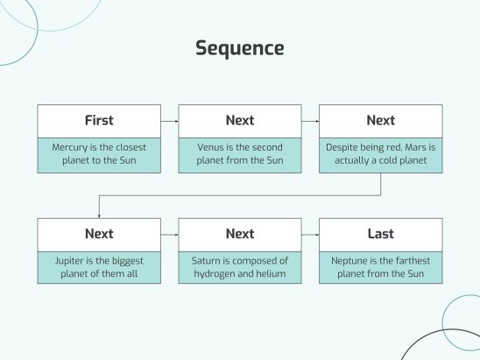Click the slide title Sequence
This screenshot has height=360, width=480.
(x=239, y=48)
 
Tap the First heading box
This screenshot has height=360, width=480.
(x=99, y=121)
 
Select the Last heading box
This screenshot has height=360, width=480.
(x=380, y=235)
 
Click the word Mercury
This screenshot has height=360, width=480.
(x=71, y=147)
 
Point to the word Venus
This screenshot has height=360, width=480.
(x=213, y=147)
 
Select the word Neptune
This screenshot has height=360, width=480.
(x=350, y=261)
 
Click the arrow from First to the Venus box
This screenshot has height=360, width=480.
(x=170, y=121)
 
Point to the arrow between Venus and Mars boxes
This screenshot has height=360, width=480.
(x=310, y=121)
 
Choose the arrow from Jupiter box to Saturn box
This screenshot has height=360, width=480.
(x=170, y=235)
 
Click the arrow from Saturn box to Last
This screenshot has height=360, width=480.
(x=310, y=235)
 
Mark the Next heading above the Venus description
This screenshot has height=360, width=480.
(x=239, y=121)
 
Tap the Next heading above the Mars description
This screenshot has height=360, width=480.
(x=380, y=121)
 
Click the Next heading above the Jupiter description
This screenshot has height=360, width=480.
(x=99, y=235)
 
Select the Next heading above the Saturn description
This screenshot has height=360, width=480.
(x=239, y=235)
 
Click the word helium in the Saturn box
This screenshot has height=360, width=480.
(x=270, y=275)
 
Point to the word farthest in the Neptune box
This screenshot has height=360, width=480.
(x=409, y=261)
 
